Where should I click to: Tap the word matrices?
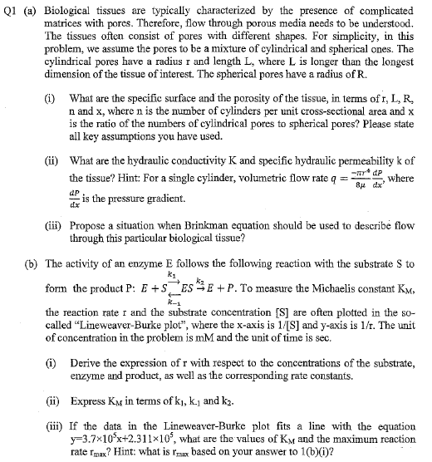point(71,23)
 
